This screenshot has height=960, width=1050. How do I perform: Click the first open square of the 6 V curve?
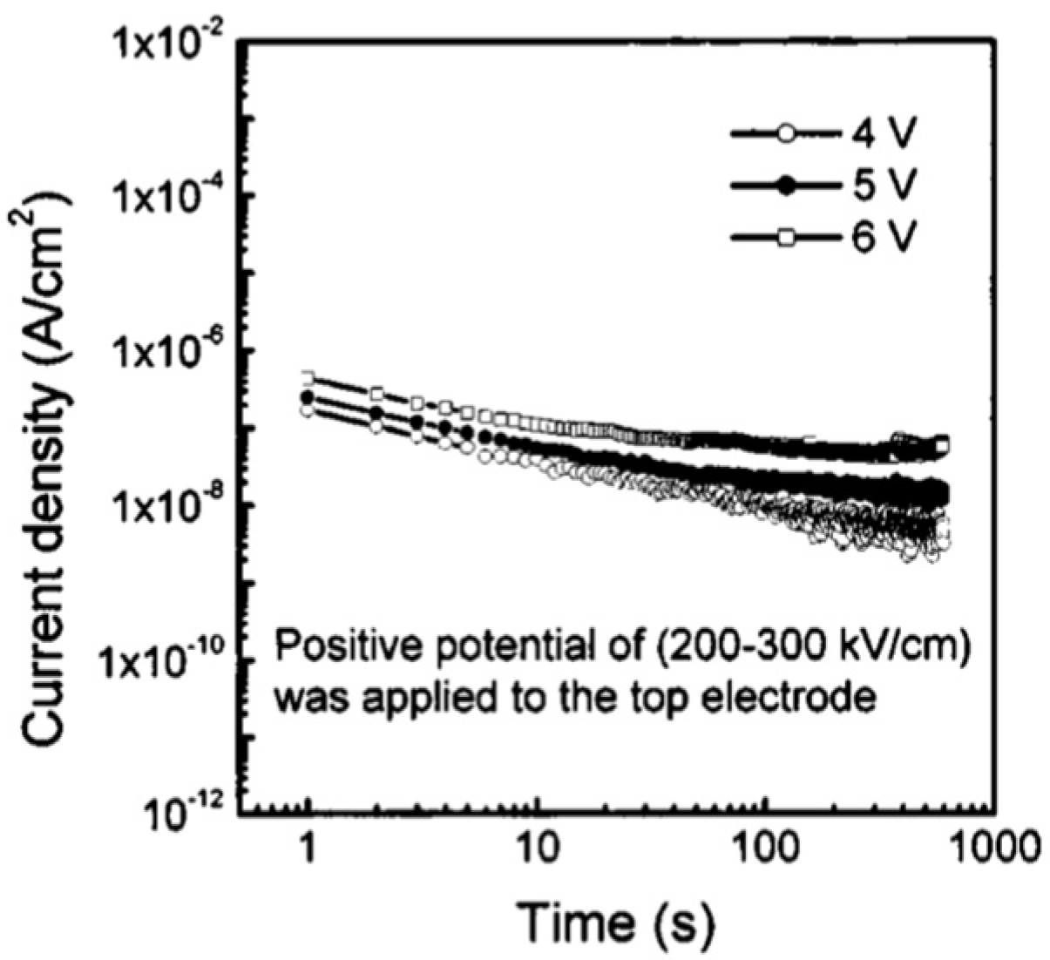pyautogui.click(x=307, y=377)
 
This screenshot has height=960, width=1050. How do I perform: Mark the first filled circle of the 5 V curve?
pyautogui.click(x=307, y=396)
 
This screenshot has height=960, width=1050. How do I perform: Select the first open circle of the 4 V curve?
pyautogui.click(x=307, y=410)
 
